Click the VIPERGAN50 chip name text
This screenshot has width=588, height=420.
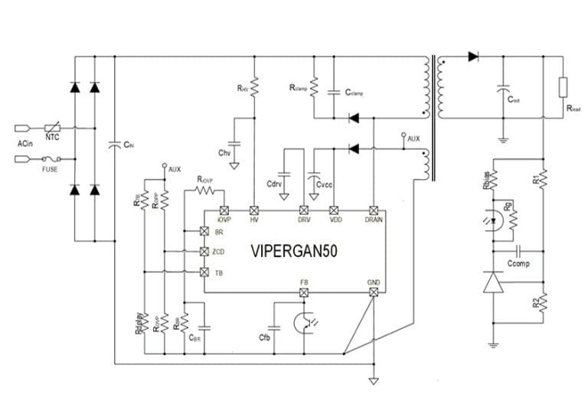(x=293, y=251)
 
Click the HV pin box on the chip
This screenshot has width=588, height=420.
(x=254, y=210)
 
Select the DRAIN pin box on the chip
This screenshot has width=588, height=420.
(x=373, y=210)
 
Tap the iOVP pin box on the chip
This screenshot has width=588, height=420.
(x=224, y=210)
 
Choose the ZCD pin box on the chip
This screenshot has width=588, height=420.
(x=204, y=252)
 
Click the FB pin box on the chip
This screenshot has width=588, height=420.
(x=304, y=292)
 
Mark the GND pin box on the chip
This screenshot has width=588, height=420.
(x=373, y=292)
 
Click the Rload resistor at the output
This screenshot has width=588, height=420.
(x=563, y=86)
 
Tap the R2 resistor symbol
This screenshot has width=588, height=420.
(x=543, y=303)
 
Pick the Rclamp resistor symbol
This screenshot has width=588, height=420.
(x=313, y=89)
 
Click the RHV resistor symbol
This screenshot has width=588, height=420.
(x=254, y=89)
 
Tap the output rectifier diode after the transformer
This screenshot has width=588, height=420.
(x=472, y=56)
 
